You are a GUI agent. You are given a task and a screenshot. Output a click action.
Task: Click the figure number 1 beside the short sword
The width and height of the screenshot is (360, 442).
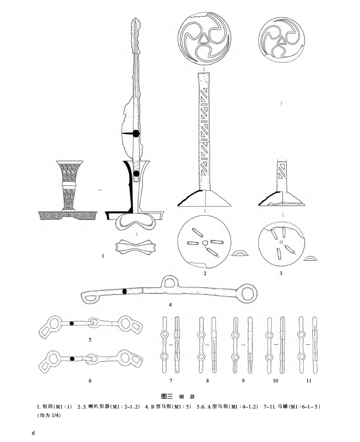click(x=102, y=256)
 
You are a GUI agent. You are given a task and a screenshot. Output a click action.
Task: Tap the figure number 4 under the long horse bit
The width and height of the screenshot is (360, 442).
click(x=170, y=305)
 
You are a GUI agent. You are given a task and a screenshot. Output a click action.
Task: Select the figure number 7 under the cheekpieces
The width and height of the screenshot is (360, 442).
click(x=171, y=381)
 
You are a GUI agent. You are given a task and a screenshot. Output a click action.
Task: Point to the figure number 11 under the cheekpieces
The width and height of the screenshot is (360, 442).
click(x=309, y=381)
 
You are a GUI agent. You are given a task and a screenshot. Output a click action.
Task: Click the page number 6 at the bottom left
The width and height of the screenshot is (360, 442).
click(x=34, y=433)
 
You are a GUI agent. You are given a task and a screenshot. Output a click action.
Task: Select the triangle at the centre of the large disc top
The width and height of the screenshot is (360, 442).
click(x=205, y=37)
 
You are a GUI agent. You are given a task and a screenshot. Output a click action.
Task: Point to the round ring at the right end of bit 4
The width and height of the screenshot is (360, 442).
click(x=249, y=292)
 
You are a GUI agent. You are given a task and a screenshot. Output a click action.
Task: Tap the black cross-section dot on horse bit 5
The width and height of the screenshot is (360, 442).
click(x=71, y=323)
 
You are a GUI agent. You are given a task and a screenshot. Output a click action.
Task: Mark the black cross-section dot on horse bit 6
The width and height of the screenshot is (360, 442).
click(x=72, y=359)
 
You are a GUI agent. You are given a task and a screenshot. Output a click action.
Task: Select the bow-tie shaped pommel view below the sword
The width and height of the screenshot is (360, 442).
click(x=138, y=247)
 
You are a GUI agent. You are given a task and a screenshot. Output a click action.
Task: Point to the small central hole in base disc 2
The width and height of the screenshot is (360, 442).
click(x=205, y=243)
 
